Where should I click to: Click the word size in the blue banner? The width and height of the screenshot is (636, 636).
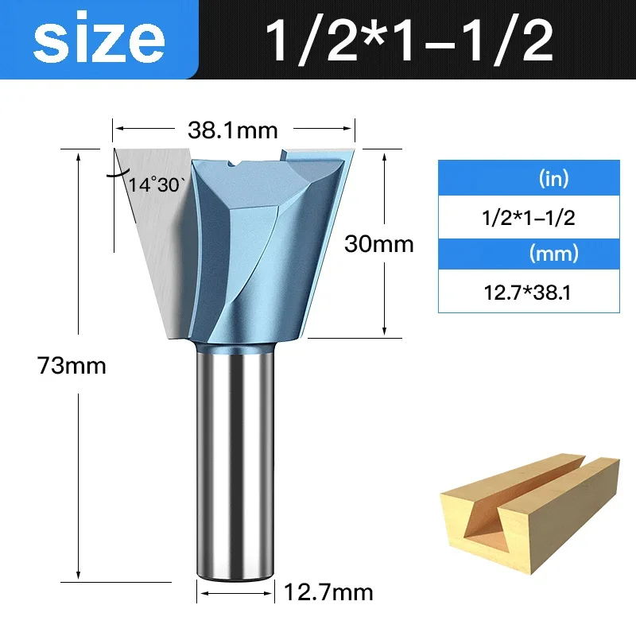(99, 40)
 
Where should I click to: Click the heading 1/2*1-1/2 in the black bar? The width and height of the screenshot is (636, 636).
(409, 41)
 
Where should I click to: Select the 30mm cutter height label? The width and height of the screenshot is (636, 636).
(378, 244)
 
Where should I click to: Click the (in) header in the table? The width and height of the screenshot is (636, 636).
(553, 178)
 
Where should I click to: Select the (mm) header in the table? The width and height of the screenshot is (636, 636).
(553, 255)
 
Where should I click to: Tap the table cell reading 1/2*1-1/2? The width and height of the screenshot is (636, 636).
(529, 217)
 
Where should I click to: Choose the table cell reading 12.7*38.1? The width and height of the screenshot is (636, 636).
(529, 293)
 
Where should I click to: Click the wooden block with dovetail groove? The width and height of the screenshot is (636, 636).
(529, 517)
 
